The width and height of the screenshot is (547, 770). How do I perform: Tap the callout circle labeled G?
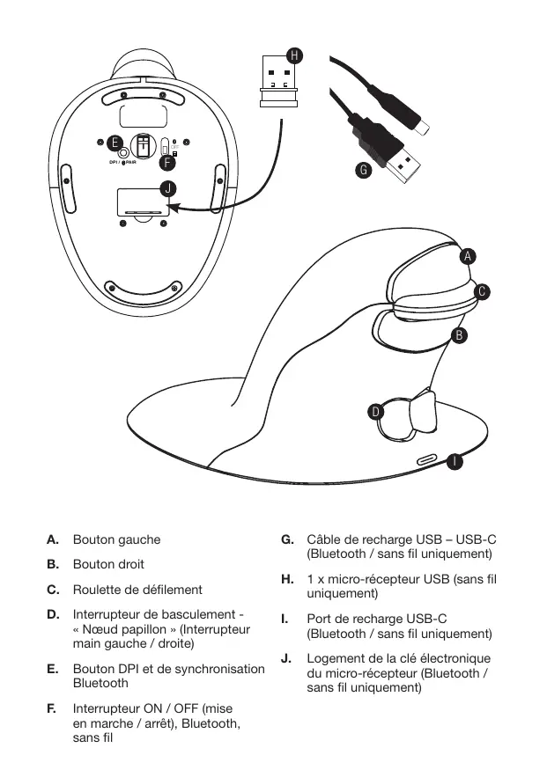[362, 170]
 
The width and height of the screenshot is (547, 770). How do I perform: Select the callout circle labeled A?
[468, 256]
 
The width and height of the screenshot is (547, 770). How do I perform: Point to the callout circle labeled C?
[481, 291]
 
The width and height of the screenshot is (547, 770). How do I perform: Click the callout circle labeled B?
[458, 335]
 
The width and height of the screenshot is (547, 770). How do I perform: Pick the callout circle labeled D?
[375, 411]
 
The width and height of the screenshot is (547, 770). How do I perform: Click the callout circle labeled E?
[114, 143]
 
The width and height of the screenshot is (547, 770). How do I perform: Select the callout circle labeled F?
[167, 162]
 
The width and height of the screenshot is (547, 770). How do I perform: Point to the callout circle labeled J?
[167, 188]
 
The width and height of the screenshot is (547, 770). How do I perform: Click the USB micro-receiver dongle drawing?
[279, 83]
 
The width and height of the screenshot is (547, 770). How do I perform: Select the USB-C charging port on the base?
[426, 459]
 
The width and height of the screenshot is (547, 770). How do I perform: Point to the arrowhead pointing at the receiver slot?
[172, 209]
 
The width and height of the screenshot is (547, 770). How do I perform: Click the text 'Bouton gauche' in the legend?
[116, 539]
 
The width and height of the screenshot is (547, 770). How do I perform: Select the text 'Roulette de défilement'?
[137, 590]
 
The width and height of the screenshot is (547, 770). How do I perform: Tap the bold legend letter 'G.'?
[287, 539]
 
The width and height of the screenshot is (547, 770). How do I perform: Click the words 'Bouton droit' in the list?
[108, 564]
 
